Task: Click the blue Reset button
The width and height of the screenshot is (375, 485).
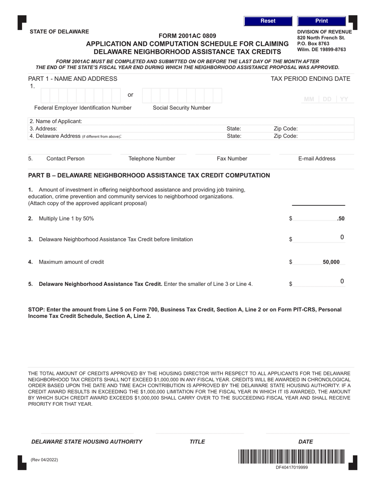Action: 268,21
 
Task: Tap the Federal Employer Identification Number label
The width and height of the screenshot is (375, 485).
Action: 83,108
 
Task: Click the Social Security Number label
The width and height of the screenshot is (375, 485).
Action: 182,108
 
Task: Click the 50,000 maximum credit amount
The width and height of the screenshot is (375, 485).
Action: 331,262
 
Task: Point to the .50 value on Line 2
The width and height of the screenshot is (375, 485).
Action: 341,218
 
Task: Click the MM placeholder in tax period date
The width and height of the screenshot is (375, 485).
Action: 309,99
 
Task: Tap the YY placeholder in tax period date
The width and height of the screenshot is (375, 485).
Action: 344,99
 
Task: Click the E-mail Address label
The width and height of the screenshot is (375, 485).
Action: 317,159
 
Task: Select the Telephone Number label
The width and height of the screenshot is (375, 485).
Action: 152,159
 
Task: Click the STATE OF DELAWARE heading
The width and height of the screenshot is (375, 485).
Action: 59,32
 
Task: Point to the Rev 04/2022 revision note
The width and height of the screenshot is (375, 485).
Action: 44,459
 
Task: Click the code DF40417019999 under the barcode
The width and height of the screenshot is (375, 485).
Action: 291,467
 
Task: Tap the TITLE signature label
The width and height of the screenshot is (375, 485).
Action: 197,442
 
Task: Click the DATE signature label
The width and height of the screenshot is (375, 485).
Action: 306,442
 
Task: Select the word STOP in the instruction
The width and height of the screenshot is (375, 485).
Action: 36,310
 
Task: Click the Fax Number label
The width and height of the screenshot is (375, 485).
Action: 232,159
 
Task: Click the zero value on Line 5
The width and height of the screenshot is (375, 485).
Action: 342,281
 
